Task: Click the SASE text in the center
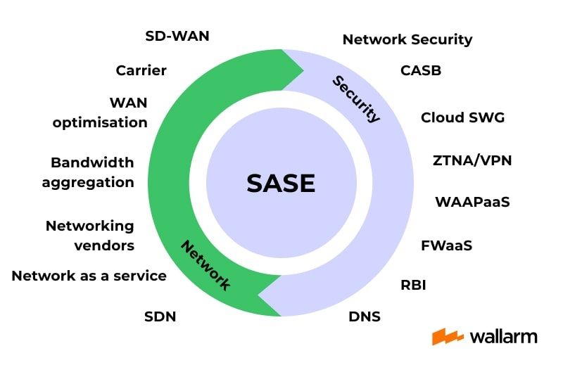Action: tap(281, 184)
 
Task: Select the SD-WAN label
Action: tap(177, 36)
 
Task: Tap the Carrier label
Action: tap(141, 70)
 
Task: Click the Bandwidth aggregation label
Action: tap(88, 172)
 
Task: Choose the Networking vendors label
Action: tap(89, 236)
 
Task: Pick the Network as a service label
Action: tap(89, 276)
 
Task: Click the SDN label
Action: tap(160, 316)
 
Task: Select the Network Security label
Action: tap(407, 40)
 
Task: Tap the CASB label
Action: tap(421, 70)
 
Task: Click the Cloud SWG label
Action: tap(462, 117)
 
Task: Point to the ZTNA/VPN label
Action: tap(472, 160)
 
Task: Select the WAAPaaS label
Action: tap(472, 203)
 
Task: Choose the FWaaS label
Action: tap(446, 246)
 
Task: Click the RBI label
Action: tap(413, 285)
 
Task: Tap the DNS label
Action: tap(365, 316)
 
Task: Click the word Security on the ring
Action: tap(356, 99)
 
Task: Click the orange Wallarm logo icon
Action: tap(447, 336)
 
